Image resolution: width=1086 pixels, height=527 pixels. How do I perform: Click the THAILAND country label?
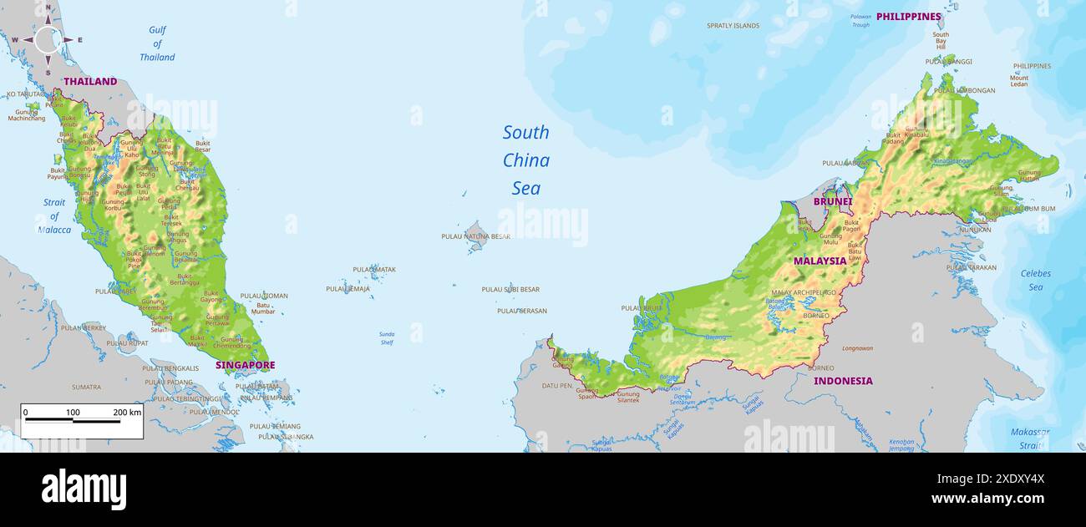(90, 82)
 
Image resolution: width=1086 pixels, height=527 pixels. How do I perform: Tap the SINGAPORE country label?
(245, 365)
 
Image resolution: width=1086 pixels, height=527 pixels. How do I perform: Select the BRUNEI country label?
(832, 201)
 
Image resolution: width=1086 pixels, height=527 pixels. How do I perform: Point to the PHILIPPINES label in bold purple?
(908, 17)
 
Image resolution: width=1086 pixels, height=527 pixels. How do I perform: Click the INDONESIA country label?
(843, 381)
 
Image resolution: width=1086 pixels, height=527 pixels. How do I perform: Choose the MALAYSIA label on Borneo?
(820, 261)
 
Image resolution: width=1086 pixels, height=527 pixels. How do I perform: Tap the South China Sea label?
(526, 160)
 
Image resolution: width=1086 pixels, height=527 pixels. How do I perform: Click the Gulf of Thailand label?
(157, 43)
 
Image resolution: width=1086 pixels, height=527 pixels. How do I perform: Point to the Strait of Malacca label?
(54, 216)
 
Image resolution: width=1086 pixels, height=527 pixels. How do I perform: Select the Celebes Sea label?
(1035, 280)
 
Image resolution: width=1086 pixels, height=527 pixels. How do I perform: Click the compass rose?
(48, 39)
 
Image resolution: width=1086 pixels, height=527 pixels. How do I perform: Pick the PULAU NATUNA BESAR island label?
(475, 236)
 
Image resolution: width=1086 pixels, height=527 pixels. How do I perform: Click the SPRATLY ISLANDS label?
(733, 26)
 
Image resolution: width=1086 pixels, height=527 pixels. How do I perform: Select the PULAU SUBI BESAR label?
(510, 290)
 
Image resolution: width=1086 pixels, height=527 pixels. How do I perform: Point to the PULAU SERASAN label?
(521, 311)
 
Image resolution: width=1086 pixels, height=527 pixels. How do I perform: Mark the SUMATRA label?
(86, 388)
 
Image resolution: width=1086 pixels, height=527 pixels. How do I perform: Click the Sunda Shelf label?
(387, 338)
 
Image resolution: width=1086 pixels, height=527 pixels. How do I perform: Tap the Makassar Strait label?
(1029, 438)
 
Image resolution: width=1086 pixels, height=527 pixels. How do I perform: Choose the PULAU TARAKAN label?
(971, 268)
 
